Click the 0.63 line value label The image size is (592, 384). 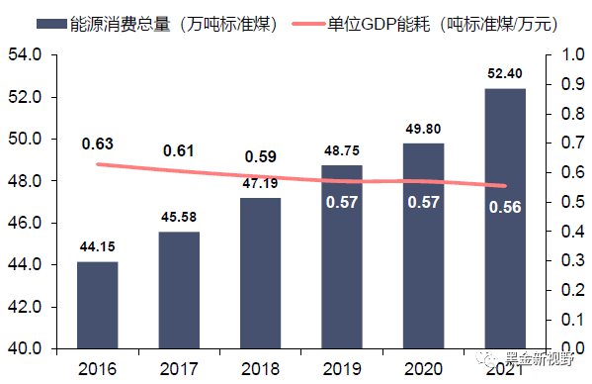tap(98, 144)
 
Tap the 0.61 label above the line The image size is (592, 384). tap(179, 150)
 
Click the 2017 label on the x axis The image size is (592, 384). tap(179, 368)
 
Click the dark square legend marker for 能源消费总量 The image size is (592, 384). tap(20, 21)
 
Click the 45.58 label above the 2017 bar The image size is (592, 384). tap(179, 218)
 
